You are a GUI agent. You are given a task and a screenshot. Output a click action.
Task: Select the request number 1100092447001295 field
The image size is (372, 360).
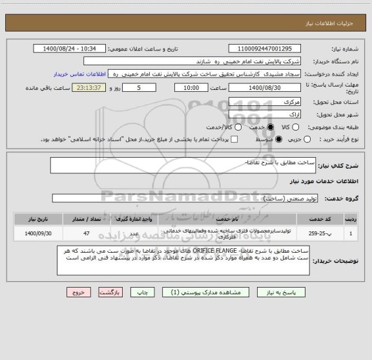click(x=265, y=49)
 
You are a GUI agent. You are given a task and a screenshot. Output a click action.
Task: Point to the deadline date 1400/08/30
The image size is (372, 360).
click(x=265, y=88)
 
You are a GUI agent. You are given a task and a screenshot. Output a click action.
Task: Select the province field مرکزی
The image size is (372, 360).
click(x=265, y=101)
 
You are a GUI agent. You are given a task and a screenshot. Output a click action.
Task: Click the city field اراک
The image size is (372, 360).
click(x=265, y=114)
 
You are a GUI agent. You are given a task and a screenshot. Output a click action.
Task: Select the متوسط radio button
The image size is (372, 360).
click(x=279, y=139)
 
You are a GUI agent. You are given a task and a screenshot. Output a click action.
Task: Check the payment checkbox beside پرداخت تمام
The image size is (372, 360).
click(x=234, y=139)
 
